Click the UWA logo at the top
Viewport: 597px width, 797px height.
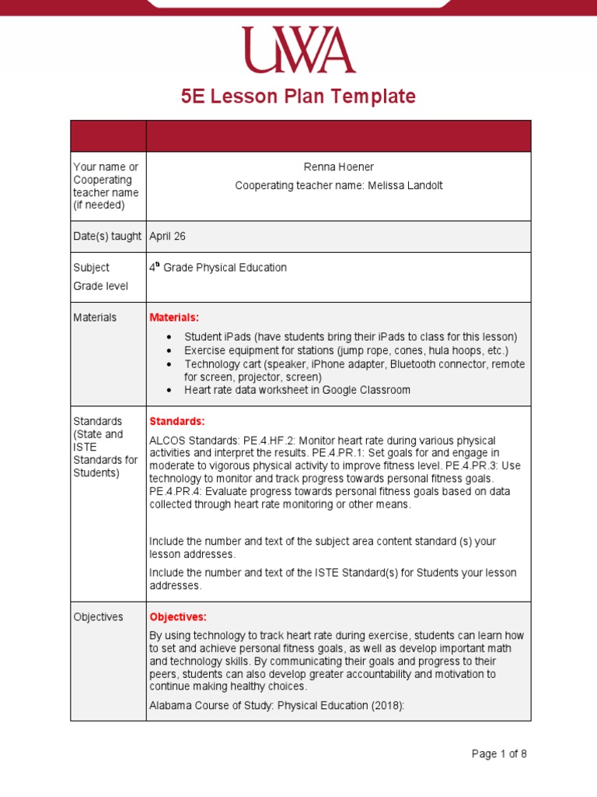coord(298,50)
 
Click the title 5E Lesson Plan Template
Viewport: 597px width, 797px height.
coord(298,97)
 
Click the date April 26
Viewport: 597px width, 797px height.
coord(167,236)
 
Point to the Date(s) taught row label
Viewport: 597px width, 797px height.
coord(107,236)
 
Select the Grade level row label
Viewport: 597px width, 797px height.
coord(100,286)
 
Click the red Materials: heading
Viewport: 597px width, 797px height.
coord(174,318)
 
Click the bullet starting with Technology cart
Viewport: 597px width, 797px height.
coord(354,364)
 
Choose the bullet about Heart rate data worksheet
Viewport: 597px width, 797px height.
coord(297,390)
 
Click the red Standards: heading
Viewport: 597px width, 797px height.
coord(176,421)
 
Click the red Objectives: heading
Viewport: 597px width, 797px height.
coord(178,617)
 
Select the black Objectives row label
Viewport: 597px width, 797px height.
coord(98,617)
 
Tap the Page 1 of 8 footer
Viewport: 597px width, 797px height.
coord(499,753)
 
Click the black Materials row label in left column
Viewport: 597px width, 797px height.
coord(95,318)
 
